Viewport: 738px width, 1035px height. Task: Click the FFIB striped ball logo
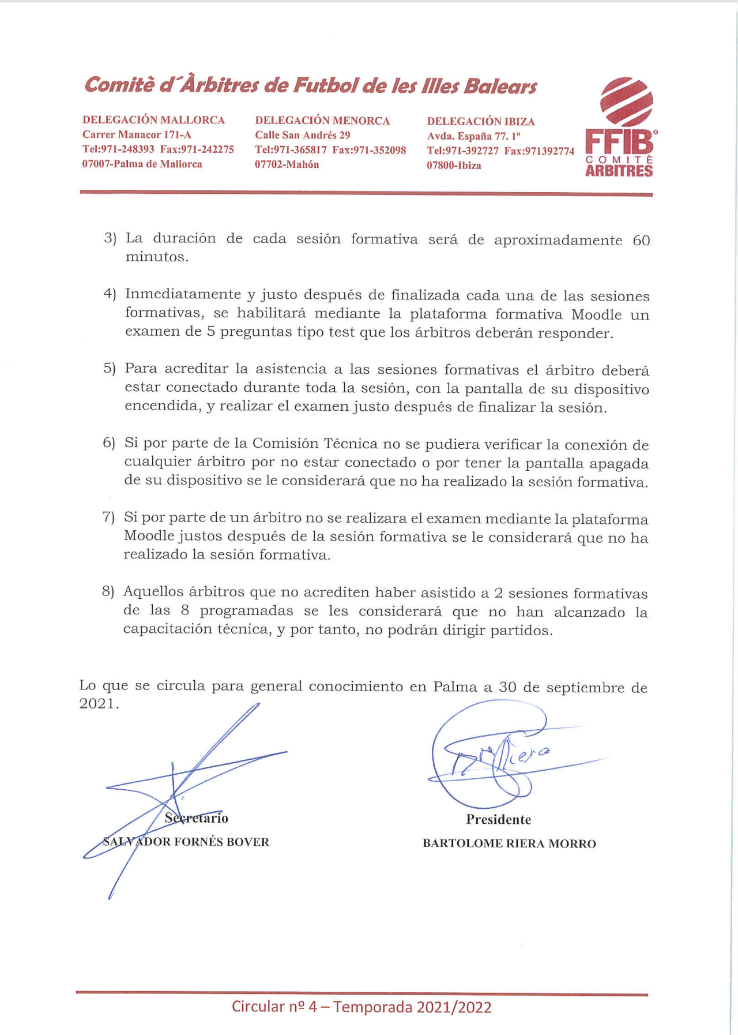(626, 102)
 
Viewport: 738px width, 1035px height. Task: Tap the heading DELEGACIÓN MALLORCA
(153, 120)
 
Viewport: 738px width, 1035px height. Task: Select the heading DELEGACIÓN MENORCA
(322, 121)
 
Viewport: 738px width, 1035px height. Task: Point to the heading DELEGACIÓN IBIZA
(481, 122)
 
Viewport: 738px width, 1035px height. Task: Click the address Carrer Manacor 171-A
(137, 135)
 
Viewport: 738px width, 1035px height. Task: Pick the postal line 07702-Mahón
(287, 165)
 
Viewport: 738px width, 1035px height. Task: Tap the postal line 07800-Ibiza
(454, 166)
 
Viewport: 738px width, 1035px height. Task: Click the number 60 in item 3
(641, 241)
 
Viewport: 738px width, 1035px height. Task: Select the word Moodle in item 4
(597, 315)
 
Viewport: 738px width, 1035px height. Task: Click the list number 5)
(110, 369)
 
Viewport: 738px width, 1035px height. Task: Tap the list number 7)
(108, 517)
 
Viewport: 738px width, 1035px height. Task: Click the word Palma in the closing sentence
(455, 687)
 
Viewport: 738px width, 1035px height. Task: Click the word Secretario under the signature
(197, 818)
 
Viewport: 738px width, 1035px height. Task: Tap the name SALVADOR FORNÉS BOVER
(186, 842)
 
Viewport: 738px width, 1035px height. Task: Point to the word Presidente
(499, 820)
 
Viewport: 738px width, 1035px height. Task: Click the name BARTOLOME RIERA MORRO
(509, 843)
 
